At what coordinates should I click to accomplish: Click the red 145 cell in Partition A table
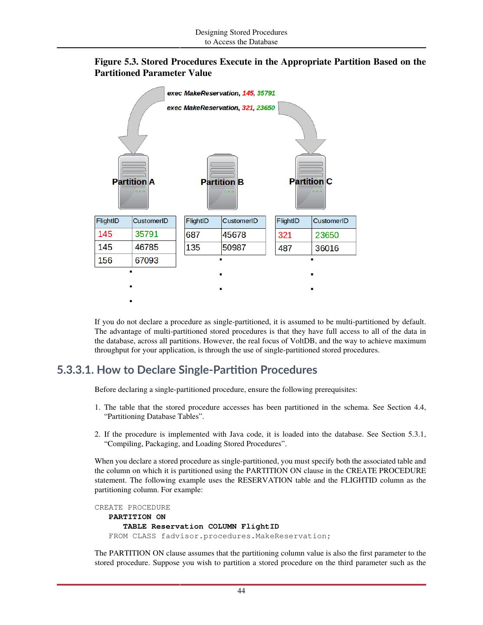[x=105, y=234]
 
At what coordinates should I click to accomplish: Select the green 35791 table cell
[x=147, y=234]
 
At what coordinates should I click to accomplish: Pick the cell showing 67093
[x=147, y=260]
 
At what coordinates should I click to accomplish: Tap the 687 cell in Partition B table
[x=193, y=235]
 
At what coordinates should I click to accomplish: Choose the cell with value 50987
[x=234, y=248]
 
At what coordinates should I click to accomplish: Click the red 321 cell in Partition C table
[x=285, y=235]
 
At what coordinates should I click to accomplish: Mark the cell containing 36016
[x=327, y=248]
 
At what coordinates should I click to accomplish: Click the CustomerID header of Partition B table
[x=240, y=221]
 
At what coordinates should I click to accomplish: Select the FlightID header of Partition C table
[x=288, y=221]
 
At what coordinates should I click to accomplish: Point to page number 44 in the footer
[x=241, y=591]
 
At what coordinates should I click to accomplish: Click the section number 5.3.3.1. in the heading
[x=75, y=370]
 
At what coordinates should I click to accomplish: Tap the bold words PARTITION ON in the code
[x=137, y=517]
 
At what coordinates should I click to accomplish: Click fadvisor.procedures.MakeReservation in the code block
[x=246, y=536]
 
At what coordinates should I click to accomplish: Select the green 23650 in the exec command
[x=265, y=108]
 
